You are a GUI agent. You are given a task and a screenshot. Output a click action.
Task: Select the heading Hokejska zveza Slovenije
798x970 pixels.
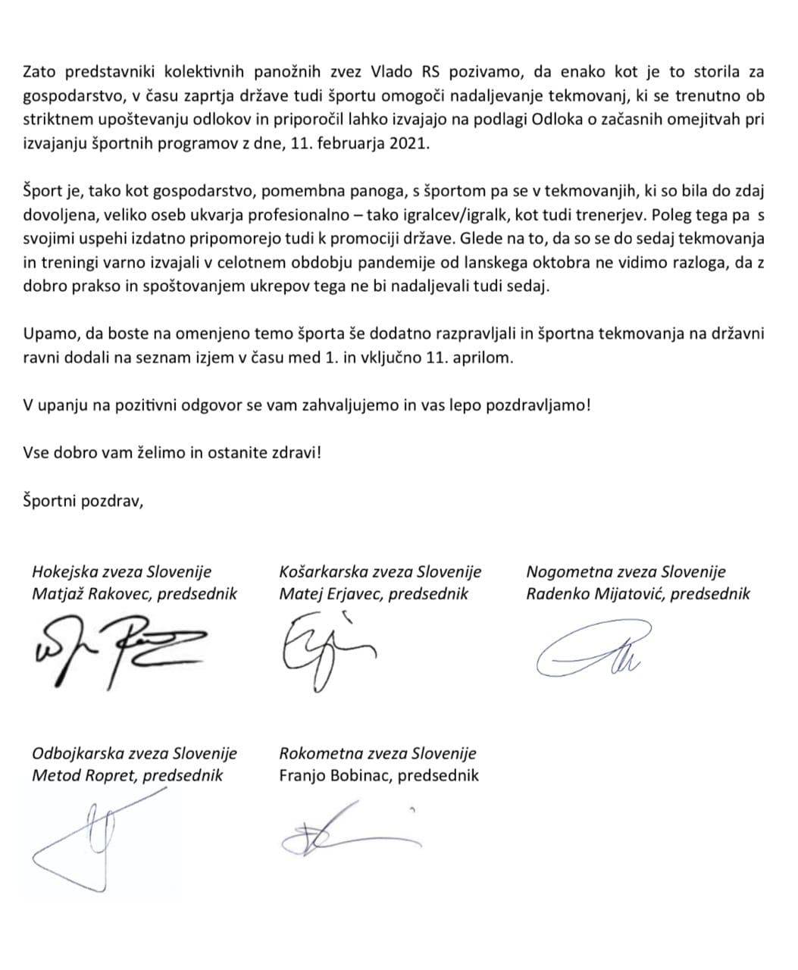coord(122,572)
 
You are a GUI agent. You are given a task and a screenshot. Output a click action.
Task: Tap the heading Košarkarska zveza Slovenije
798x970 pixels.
coord(380,572)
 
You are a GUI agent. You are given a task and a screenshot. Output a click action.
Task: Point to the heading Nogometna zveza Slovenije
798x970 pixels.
coord(625,572)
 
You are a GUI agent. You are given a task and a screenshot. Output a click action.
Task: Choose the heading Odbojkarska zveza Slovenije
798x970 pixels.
coord(134,753)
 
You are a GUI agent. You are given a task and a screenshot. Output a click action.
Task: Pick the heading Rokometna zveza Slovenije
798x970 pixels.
coord(377,753)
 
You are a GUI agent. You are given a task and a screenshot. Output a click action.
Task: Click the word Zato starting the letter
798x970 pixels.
coord(40,72)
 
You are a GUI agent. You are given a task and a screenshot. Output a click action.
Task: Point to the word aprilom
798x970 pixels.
coord(486,358)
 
